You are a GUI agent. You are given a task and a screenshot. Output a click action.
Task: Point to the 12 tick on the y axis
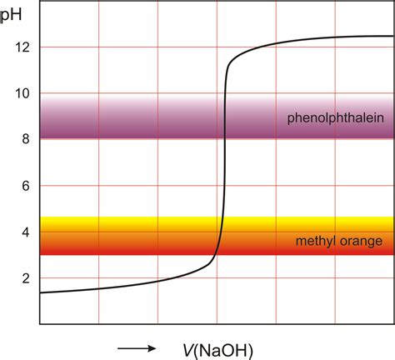(22, 47)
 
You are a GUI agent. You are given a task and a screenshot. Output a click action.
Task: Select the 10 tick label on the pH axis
(22, 93)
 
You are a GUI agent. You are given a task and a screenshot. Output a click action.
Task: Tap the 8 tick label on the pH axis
(25, 139)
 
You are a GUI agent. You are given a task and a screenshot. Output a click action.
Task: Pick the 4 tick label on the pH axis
(25, 232)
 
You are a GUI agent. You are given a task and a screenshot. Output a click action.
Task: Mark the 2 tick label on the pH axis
(25, 277)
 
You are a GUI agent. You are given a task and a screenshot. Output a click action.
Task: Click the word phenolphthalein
(335, 117)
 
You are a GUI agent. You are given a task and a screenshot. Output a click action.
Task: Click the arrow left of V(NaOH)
(136, 347)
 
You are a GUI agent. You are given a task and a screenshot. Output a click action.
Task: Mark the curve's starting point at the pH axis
(41, 292)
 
